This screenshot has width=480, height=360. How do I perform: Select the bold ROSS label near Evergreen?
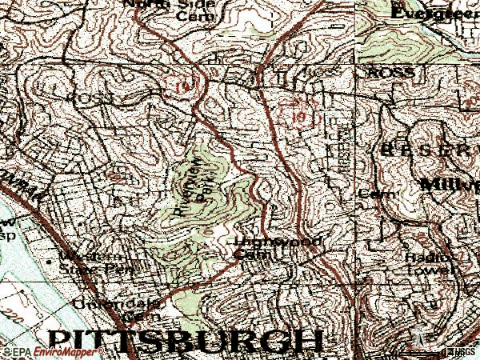tap(391, 72)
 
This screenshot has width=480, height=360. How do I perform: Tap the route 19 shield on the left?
tap(177, 83)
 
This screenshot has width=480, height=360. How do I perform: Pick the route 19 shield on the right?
tap(298, 117)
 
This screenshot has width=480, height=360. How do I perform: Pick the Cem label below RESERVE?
tap(372, 194)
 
